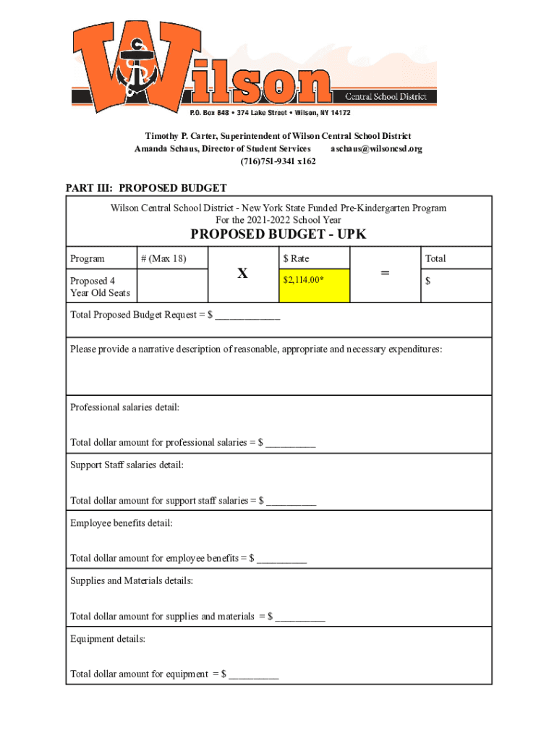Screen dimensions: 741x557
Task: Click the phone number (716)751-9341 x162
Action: pyautogui.click(x=278, y=161)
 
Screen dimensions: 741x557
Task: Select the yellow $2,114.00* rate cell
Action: pyautogui.click(x=315, y=285)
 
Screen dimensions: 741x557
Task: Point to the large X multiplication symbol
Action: pyautogui.click(x=242, y=274)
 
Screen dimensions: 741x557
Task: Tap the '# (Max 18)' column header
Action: pyautogui.click(x=163, y=258)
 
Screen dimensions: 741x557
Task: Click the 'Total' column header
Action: pyautogui.click(x=435, y=258)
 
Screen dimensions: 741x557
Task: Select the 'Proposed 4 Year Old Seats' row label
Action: pyautogui.click(x=100, y=287)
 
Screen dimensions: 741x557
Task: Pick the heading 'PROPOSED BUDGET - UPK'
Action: pyautogui.click(x=278, y=234)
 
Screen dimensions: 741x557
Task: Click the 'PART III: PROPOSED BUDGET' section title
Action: pyautogui.click(x=146, y=188)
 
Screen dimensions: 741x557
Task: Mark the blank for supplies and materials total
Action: pyautogui.click(x=299, y=617)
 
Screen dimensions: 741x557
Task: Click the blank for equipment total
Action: pyautogui.click(x=253, y=675)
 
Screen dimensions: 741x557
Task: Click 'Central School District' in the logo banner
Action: pyautogui.click(x=385, y=96)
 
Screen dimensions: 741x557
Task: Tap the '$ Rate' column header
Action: pyautogui.click(x=297, y=258)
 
